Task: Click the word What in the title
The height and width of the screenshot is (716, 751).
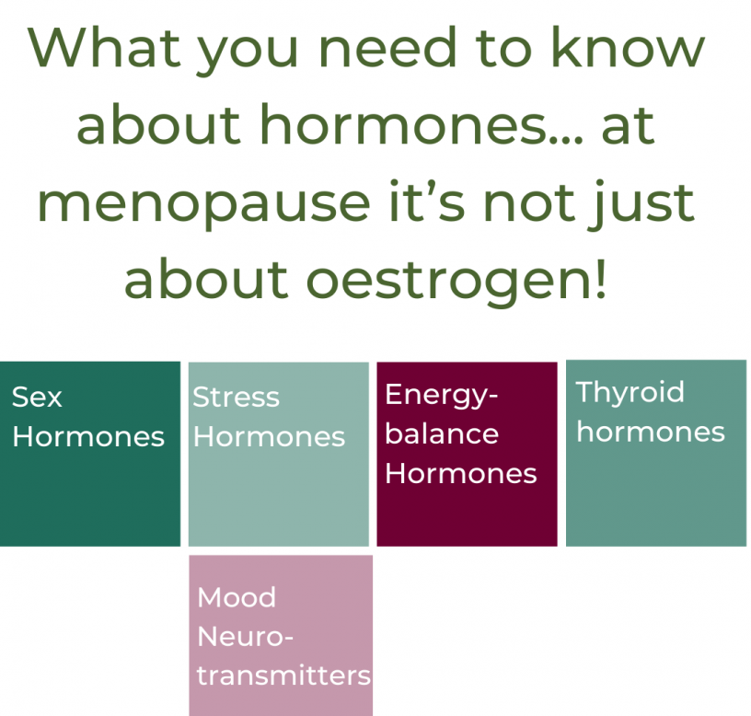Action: [x=104, y=47]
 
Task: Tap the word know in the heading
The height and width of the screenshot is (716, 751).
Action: [x=628, y=47]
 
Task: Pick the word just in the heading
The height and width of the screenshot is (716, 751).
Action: [x=641, y=203]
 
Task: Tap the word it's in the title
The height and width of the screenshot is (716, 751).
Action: [x=427, y=202]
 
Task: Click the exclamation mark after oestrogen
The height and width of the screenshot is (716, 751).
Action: [x=602, y=279]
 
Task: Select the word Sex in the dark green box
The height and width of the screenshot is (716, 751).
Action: [x=37, y=398]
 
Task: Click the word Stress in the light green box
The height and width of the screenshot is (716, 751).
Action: [x=237, y=398]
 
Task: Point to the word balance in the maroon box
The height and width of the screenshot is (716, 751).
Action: [x=442, y=433]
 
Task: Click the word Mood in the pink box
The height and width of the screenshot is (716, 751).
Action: [x=237, y=597]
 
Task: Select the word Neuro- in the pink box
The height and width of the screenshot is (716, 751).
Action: [x=245, y=637]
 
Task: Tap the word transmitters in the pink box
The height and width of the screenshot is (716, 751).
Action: [x=284, y=676]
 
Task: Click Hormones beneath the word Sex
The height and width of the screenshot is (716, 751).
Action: [x=88, y=437]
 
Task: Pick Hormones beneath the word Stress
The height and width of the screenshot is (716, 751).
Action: [x=269, y=437]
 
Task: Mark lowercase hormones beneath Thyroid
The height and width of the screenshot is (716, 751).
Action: [x=651, y=432]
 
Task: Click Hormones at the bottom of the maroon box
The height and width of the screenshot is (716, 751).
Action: [x=461, y=474]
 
